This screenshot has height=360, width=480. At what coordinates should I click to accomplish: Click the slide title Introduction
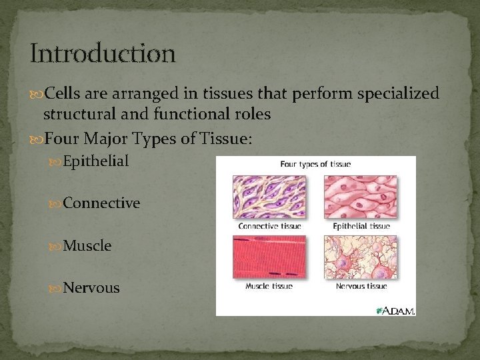tap(103, 53)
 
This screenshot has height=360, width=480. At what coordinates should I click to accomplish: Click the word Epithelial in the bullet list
tap(95, 161)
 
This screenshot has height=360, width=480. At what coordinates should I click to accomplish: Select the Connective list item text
tap(101, 203)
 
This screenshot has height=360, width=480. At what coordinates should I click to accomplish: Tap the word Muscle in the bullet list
tap(87, 245)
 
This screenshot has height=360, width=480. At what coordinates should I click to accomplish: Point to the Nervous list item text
tap(91, 288)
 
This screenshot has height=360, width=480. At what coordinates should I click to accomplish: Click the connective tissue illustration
tap(269, 197)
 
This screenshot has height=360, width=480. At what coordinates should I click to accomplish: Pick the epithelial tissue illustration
tap(361, 197)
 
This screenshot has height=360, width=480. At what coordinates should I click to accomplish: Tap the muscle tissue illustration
tap(269, 257)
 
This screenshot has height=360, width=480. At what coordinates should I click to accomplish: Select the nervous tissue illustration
tap(361, 257)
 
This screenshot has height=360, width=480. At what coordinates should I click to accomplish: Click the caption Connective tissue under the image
tap(270, 226)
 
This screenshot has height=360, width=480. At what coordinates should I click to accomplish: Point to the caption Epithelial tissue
tap(361, 226)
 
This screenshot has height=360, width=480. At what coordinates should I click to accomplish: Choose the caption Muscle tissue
tap(269, 286)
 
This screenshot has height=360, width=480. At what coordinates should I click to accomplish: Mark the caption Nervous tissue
tap(361, 286)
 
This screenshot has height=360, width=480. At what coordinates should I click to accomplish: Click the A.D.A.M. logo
tap(395, 311)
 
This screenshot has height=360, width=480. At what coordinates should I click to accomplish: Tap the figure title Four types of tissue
tap(315, 165)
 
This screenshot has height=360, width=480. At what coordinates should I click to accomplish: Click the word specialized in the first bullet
tap(398, 94)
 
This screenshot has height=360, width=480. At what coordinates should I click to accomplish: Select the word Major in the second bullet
tap(105, 139)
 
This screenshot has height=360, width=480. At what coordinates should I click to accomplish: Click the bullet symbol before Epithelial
tap(55, 162)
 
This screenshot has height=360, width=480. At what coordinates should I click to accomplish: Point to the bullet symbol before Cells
tap(36, 95)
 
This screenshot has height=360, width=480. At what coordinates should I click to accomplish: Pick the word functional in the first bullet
tap(191, 113)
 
